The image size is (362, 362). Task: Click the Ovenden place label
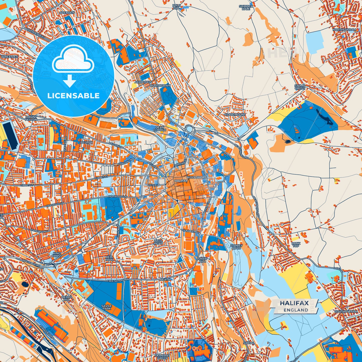pyautogui.click(x=67, y=13)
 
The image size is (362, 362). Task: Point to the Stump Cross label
pyautogui.click(x=300, y=87)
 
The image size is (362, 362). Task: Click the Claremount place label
pyautogui.click(x=235, y=114)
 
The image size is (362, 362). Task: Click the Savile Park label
pyautogui.click(x=106, y=307)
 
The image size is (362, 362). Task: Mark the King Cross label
pyautogui.click(x=57, y=255)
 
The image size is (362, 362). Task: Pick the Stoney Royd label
pyautogui.click(x=236, y=247)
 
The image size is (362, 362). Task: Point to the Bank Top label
pyautogui.click(x=296, y=245)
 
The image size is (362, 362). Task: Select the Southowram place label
pyautogui.click(x=346, y=312)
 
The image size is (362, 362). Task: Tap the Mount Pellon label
pyautogui.click(x=31, y=118)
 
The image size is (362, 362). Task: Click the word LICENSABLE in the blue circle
pyautogui.click(x=73, y=96)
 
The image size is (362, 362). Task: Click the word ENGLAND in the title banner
pyautogui.click(x=296, y=310)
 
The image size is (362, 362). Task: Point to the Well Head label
pyautogui.click(x=158, y=242)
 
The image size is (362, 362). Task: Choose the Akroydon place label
pyautogui.click(x=143, y=82)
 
